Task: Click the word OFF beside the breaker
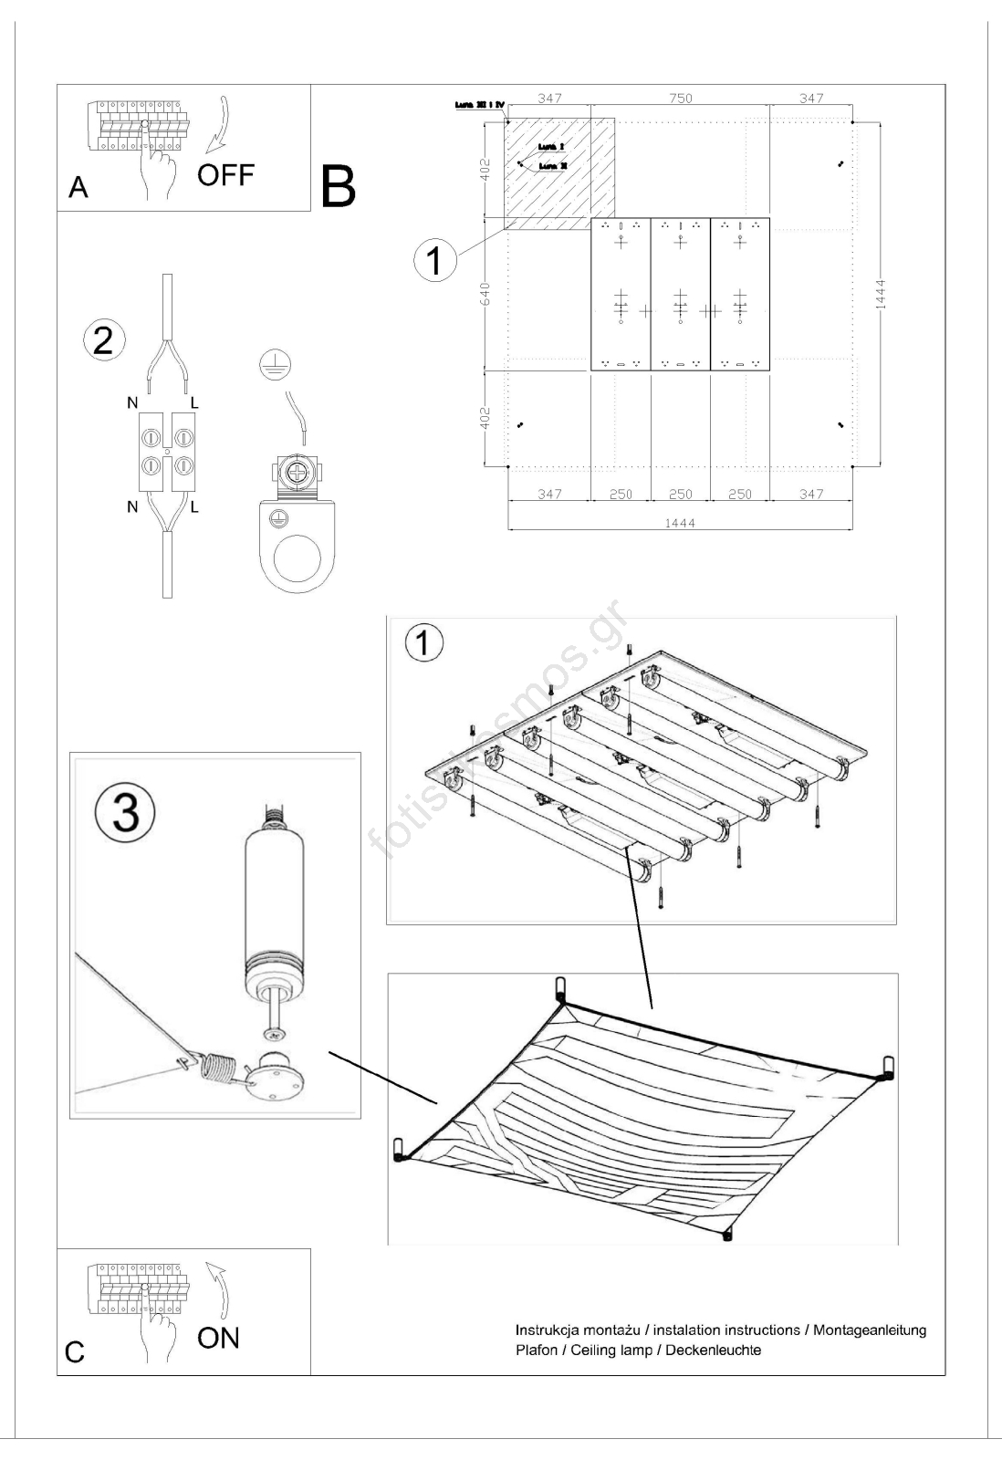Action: coord(225,175)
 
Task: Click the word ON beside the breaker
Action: coord(218,1338)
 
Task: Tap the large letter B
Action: coord(337,186)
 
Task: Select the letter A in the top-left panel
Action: coord(78,188)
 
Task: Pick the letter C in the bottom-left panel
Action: coord(75,1352)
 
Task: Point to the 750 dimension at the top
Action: coord(680,99)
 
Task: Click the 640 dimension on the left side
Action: coord(485,294)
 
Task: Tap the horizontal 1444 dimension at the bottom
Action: coord(680,523)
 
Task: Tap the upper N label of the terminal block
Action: coord(132,402)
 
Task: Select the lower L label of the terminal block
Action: coord(193,506)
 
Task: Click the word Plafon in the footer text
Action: coord(537,1350)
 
